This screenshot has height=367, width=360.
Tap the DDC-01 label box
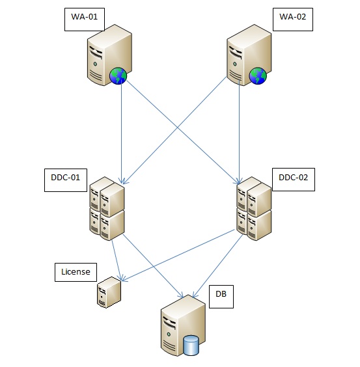64,180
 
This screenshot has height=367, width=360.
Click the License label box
75,271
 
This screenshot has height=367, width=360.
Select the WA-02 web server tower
246,57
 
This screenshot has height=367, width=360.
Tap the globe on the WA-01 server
118,77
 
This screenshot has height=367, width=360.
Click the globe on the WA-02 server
258,77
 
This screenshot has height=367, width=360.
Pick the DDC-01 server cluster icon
107,208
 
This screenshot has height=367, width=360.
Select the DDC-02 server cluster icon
254,208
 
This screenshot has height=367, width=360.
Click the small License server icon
109,293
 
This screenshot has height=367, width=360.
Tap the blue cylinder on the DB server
191,345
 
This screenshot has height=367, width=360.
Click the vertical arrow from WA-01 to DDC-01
121,130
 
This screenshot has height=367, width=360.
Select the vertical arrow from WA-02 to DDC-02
240,130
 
